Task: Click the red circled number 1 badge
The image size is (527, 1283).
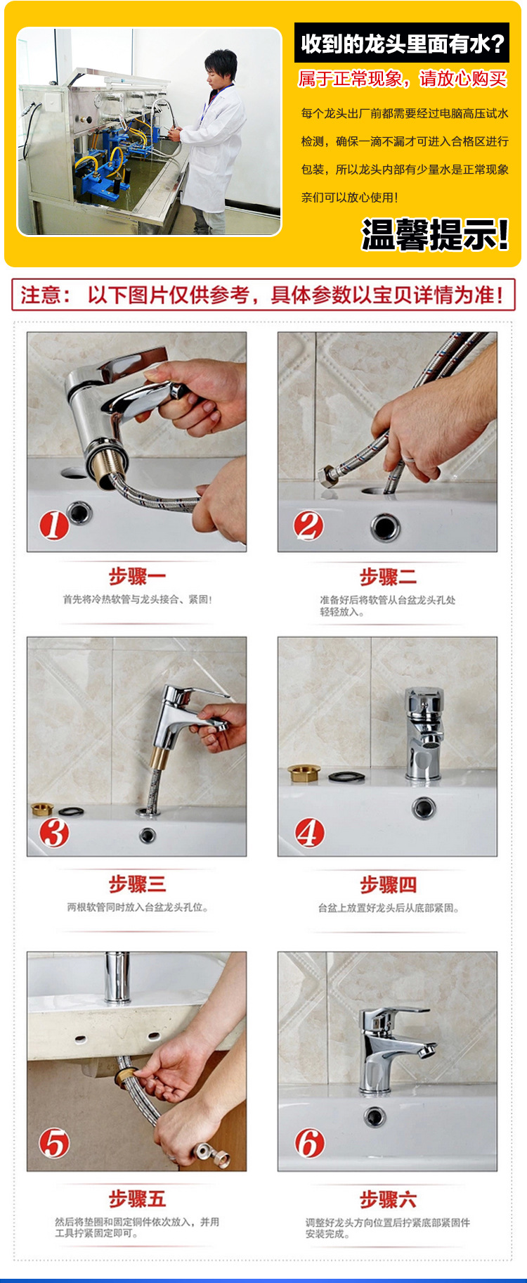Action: (x=54, y=525)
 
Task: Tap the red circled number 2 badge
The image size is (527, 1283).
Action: (x=308, y=525)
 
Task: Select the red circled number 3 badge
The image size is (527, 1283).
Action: (x=54, y=833)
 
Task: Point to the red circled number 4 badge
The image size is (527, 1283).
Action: (x=309, y=833)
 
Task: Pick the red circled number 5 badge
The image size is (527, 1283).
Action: (x=54, y=1143)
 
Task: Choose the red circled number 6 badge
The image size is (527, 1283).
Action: (x=309, y=1143)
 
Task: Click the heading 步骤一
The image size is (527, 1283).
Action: (x=137, y=577)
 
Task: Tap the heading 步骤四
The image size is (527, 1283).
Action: (x=388, y=884)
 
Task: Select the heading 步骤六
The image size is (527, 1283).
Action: (x=388, y=1199)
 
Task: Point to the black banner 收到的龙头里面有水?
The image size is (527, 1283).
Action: (x=402, y=44)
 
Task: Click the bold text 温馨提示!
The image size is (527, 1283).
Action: (x=435, y=234)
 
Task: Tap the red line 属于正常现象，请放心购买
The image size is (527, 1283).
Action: (x=403, y=78)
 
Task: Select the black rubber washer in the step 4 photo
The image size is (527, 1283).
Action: (x=346, y=777)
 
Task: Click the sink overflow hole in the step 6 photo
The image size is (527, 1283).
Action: (x=375, y=1116)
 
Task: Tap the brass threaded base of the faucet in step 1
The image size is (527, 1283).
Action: (x=101, y=461)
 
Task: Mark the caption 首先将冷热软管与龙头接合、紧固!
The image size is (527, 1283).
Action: (x=137, y=599)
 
